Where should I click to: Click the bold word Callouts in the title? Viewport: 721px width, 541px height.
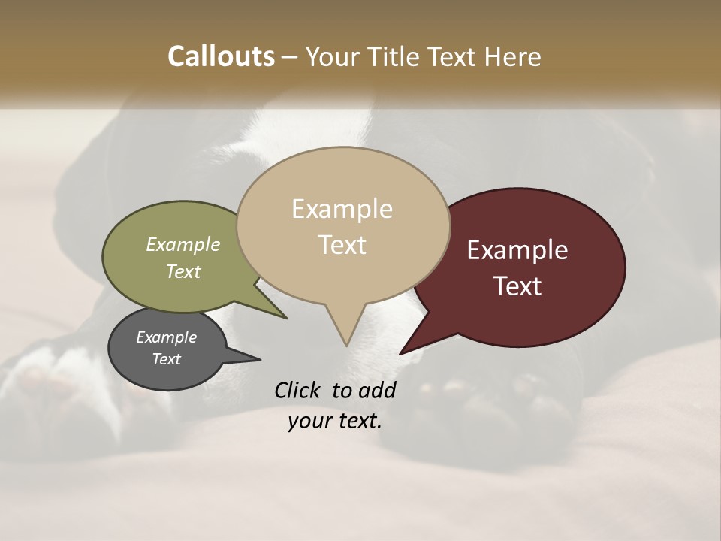click(221, 56)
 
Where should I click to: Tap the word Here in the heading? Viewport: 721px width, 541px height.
click(513, 56)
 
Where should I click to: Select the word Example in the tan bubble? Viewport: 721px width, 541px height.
click(342, 209)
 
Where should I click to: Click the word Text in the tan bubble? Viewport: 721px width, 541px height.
click(342, 244)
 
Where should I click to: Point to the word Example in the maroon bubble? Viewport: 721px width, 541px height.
click(517, 250)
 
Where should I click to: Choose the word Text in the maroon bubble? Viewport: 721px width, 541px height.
click(517, 286)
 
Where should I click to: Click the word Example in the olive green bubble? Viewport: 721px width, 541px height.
click(183, 244)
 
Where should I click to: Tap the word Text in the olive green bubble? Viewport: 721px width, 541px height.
click(183, 271)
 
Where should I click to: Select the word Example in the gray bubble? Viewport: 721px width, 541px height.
click(166, 337)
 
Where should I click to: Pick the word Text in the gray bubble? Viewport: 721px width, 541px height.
click(166, 359)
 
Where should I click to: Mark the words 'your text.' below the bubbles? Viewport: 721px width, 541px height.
click(335, 421)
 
